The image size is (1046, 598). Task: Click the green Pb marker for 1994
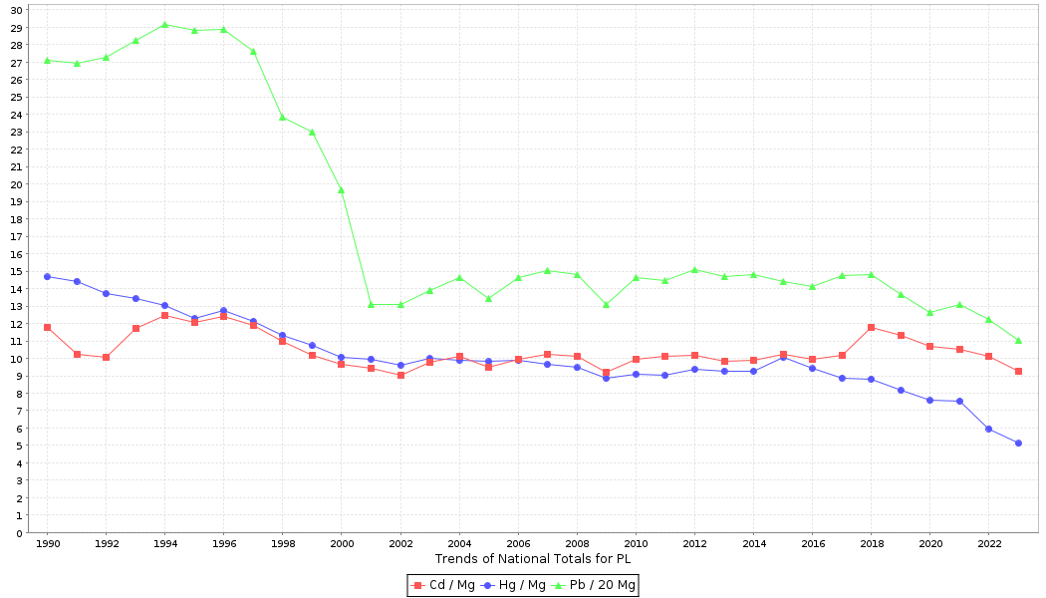point(164,24)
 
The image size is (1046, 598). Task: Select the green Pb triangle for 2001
point(371,304)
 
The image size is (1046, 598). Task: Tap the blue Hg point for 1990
point(47,276)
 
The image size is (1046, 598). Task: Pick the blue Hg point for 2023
point(1018,443)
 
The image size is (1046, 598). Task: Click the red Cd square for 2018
point(871,327)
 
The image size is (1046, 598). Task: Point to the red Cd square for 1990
point(47,327)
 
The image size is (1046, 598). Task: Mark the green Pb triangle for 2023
point(1018,340)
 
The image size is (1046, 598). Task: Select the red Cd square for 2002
point(400,375)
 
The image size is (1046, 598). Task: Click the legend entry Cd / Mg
point(444,585)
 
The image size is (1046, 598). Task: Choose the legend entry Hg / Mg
point(515,585)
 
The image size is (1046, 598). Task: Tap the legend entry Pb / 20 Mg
point(595,585)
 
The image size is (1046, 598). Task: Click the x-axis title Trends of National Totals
point(533,559)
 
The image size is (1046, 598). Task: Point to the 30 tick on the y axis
point(16,10)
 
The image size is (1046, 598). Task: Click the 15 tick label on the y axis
point(16,271)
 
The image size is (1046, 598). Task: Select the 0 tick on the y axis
point(19,533)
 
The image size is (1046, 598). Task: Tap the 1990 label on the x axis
point(47,544)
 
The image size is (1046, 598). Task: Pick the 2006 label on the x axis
point(518,544)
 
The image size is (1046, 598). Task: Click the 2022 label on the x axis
point(988,544)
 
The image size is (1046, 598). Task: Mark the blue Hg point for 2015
point(783,356)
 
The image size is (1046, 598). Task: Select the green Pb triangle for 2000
point(341,189)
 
